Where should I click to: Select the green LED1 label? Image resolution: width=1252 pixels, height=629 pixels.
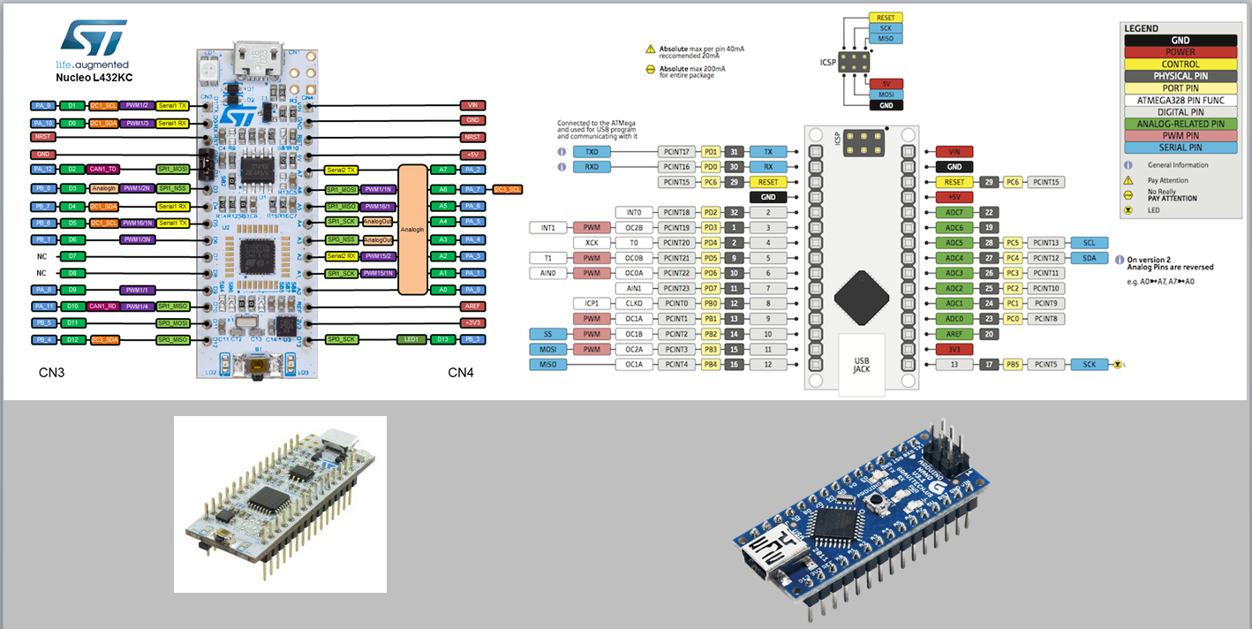411,338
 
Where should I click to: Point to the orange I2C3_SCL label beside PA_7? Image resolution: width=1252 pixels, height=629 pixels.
508,189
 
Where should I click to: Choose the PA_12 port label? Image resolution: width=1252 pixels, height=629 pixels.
43,168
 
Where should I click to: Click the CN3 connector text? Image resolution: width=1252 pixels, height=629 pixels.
51,373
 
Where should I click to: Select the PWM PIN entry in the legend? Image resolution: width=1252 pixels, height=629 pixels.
1180,136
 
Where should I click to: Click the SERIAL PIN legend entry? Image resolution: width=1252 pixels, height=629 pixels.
1180,148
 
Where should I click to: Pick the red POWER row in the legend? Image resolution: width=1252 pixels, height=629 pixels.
1180,52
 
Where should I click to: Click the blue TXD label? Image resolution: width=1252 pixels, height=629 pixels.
592,152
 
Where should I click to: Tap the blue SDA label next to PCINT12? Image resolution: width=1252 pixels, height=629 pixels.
1089,258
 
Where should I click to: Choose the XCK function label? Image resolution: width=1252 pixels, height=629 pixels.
592,243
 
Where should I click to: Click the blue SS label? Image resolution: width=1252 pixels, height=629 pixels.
547,334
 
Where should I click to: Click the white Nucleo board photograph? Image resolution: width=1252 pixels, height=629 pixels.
279,504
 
